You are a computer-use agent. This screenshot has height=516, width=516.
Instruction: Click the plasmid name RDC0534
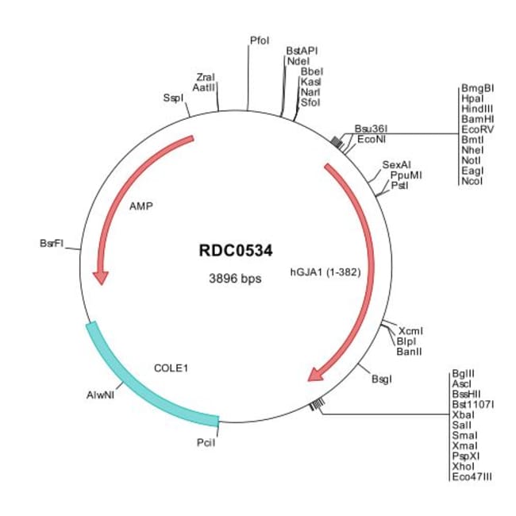pos(235,251)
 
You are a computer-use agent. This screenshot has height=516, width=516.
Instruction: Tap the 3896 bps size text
pos(235,279)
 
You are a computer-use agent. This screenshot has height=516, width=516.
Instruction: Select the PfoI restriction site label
pos(260,39)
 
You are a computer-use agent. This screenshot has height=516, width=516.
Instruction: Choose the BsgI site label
pos(382,379)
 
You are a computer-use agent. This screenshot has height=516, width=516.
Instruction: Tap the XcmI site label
pos(411,330)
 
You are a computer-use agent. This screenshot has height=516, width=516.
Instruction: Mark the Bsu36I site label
pos(369,128)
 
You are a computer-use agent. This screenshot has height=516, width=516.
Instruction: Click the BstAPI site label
pos(302,50)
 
